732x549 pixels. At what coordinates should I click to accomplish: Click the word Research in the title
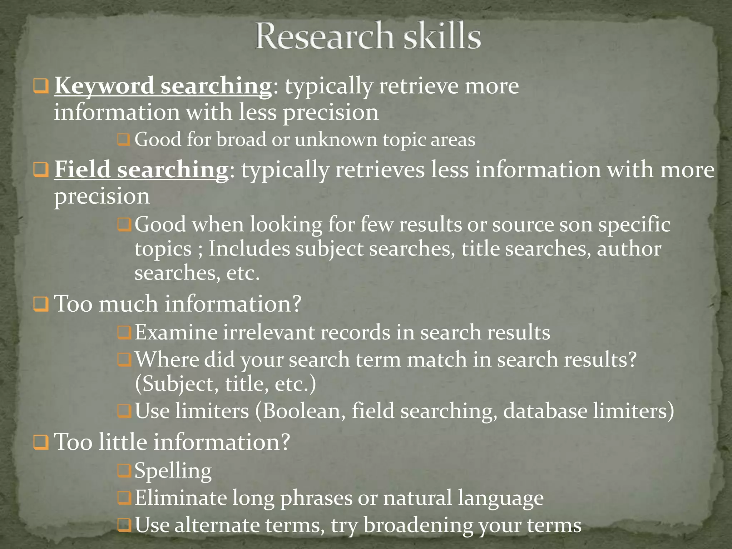[325, 36]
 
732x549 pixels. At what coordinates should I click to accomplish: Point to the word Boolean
[304, 411]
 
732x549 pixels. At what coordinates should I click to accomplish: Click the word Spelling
[173, 471]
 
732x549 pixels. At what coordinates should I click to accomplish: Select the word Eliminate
[180, 498]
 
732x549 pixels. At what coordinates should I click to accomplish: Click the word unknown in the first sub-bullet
[336, 139]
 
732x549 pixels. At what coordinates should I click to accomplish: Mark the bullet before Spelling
[124, 471]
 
